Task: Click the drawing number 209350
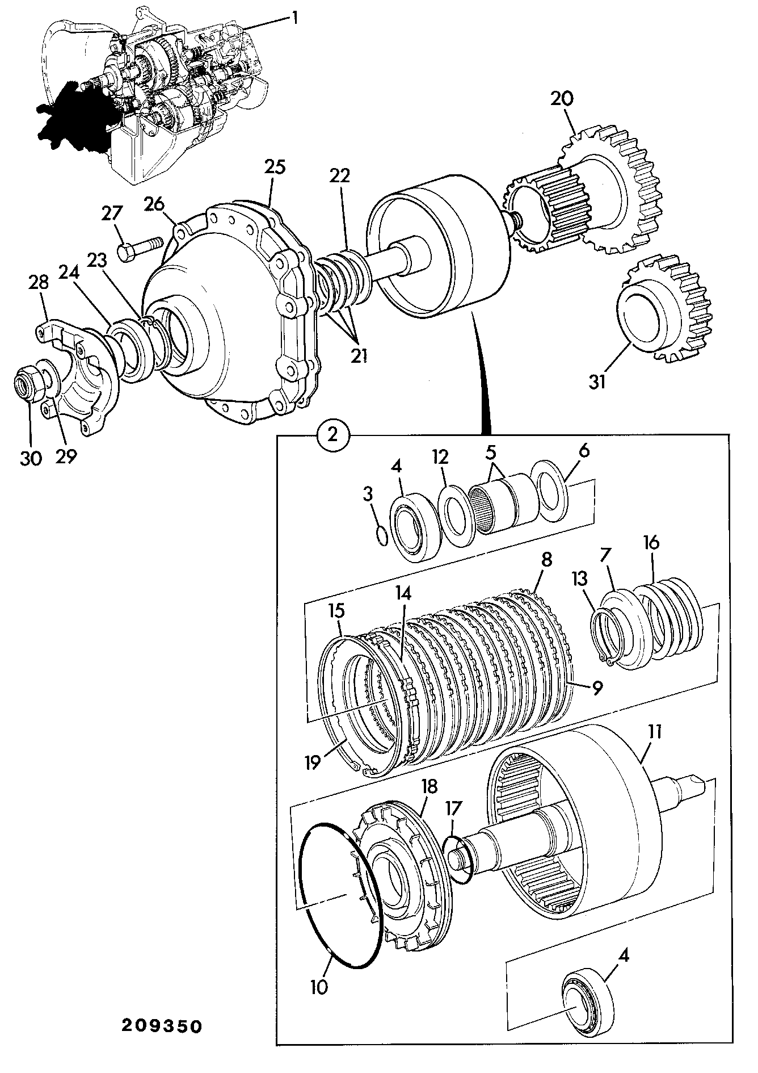[161, 1026]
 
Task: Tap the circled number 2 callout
[333, 435]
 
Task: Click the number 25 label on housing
[274, 167]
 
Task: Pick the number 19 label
[313, 762]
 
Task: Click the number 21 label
[359, 355]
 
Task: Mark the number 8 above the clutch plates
[546, 560]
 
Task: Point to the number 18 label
[429, 786]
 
